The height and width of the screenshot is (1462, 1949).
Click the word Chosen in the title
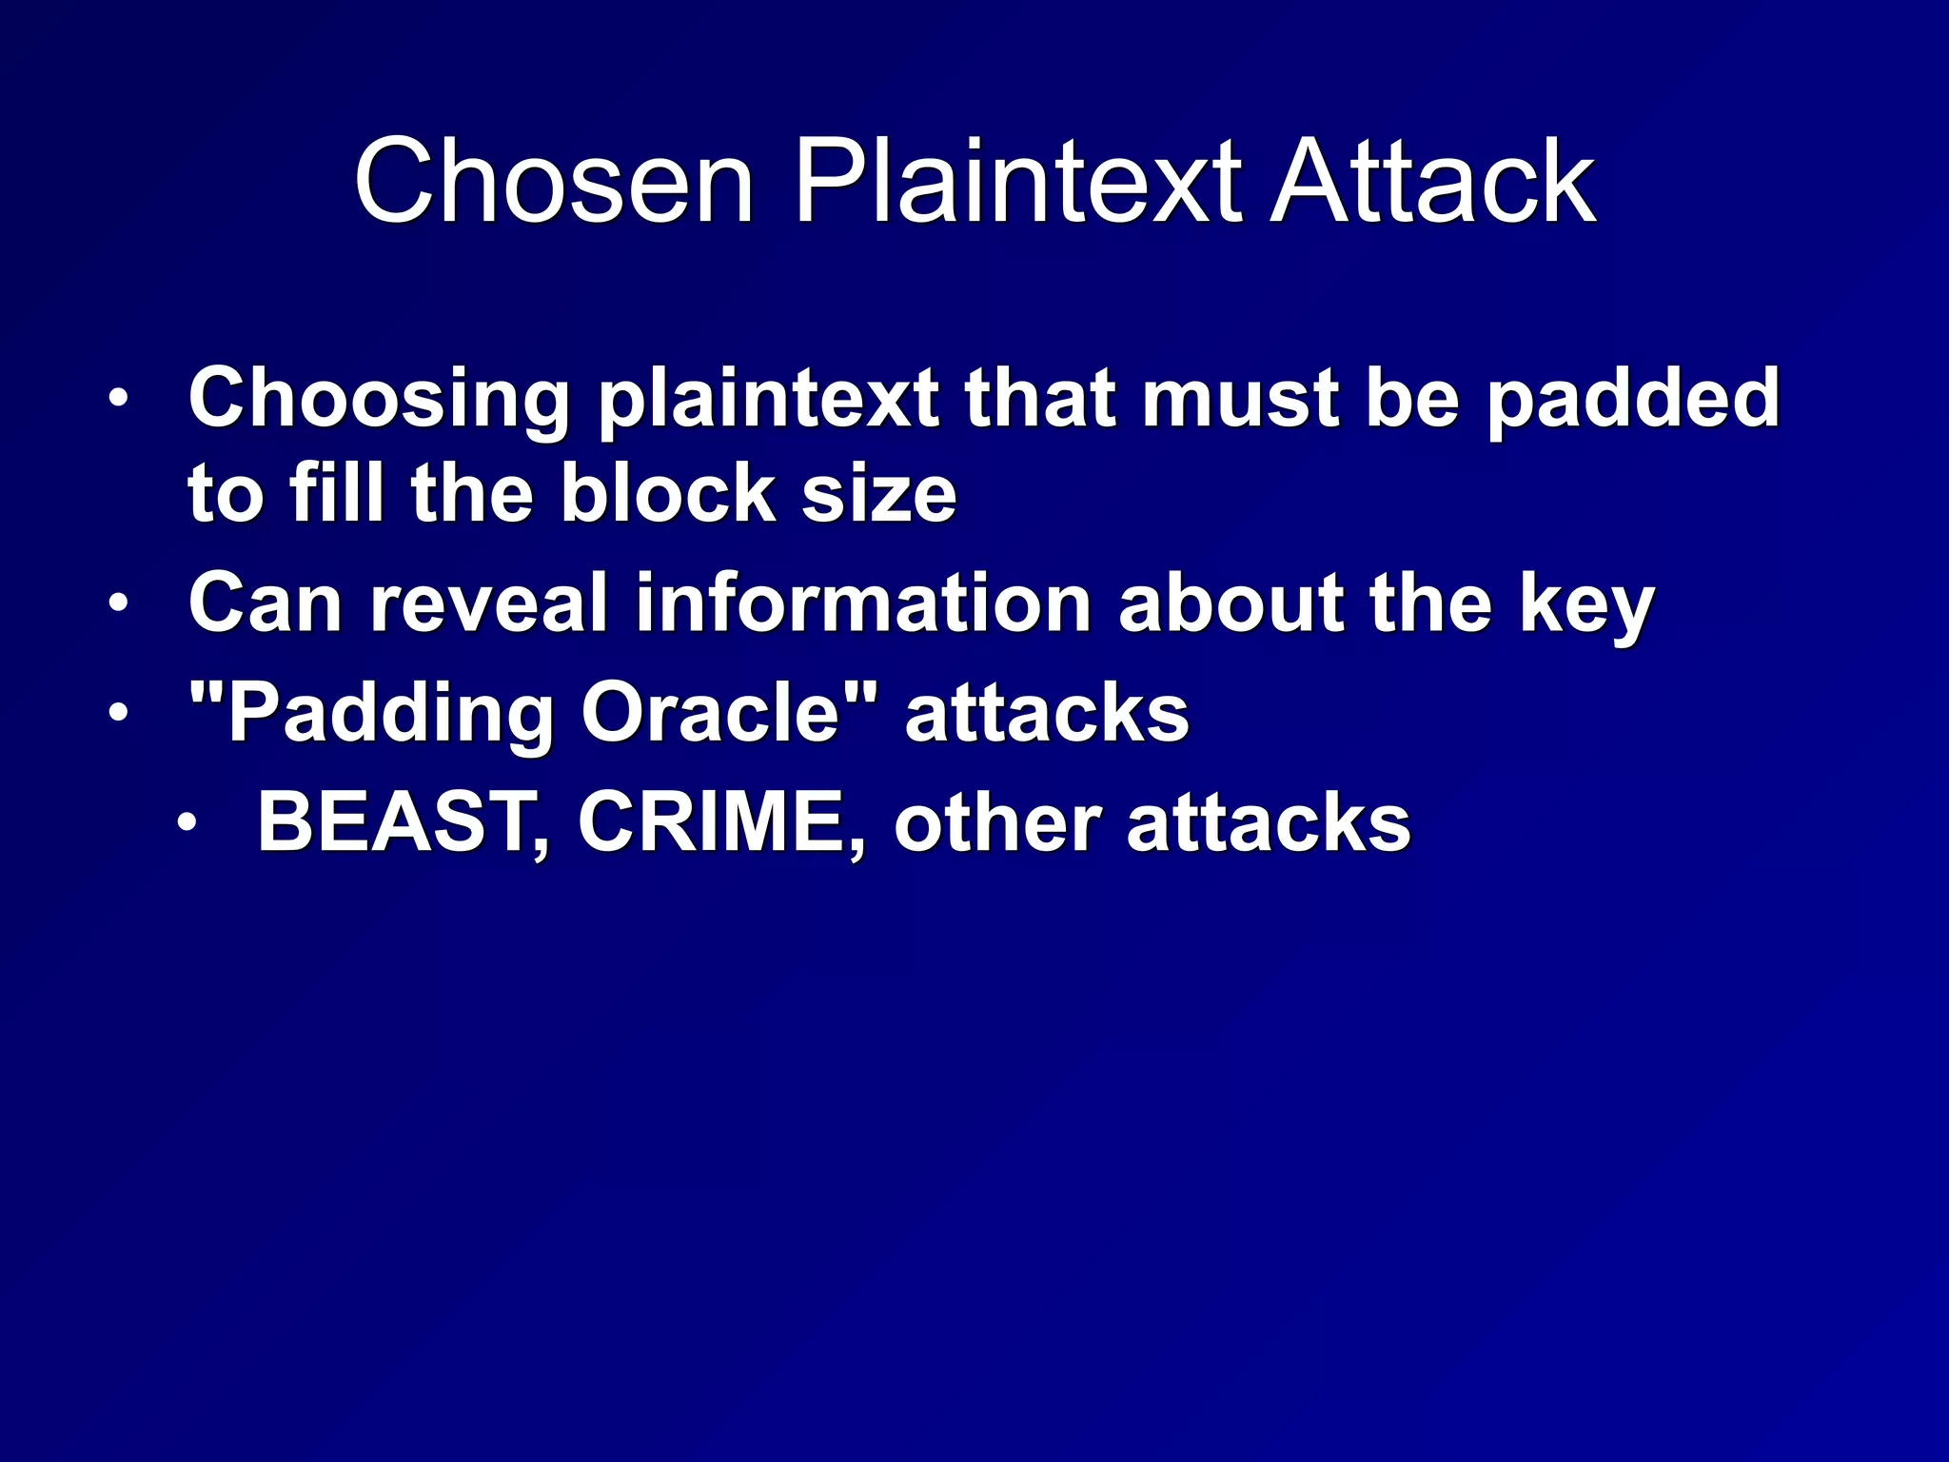[x=554, y=182]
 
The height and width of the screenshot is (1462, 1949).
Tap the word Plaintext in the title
[x=1016, y=182]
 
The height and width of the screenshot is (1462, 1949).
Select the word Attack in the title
[x=1434, y=182]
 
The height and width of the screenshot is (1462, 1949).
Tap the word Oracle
[x=712, y=713]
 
